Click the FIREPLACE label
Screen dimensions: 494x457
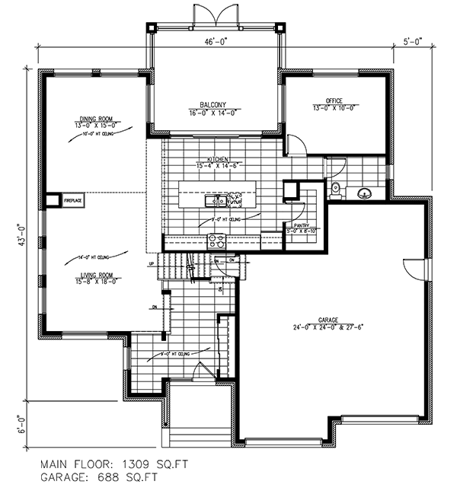point(73,200)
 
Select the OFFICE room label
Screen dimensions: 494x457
point(334,100)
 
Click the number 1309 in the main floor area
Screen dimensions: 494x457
point(139,462)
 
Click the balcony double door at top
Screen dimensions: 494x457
point(216,14)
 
